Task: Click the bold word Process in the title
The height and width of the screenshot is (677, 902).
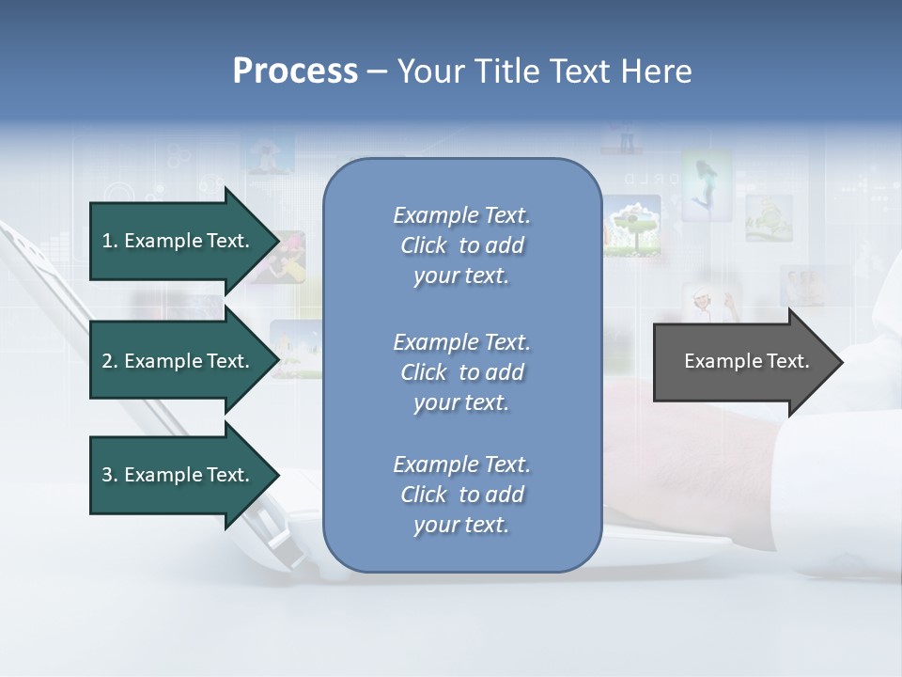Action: click(295, 71)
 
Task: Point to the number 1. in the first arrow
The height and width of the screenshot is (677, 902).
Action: click(110, 241)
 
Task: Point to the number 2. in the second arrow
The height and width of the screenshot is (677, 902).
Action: click(110, 361)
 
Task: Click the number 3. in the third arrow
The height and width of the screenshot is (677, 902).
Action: click(110, 475)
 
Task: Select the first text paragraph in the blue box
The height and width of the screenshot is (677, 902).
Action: click(461, 245)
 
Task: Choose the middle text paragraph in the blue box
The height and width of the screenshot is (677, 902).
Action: click(461, 372)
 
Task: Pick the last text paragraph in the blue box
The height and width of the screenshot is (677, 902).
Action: click(461, 495)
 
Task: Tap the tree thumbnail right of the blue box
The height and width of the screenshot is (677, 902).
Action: click(631, 226)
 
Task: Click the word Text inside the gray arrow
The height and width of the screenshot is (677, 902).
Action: click(788, 361)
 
